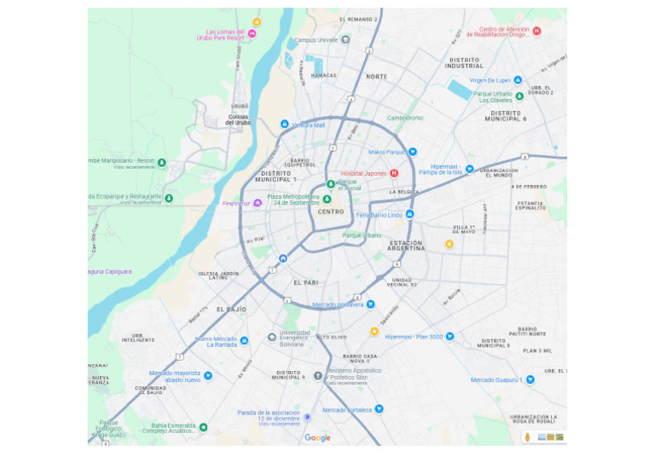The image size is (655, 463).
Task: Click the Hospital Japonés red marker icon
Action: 394,173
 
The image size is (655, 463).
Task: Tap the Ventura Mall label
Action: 308,125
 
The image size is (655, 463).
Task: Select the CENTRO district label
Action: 330,211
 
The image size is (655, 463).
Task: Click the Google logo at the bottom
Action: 317,437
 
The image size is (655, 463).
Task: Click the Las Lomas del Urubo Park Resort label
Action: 220,34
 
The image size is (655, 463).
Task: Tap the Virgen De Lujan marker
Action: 518,80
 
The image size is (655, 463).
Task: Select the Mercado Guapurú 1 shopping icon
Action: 530,379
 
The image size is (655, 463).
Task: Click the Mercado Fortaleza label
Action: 347,409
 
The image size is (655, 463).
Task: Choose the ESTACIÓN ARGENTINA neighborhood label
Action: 406,246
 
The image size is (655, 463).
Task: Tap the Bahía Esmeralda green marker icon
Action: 203,426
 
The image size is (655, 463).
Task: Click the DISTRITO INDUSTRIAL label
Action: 464,62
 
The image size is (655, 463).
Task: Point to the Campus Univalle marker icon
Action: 345,39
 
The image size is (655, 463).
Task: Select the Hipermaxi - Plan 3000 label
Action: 414,337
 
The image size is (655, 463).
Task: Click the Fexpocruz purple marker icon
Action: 257,203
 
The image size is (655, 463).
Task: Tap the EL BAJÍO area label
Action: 231,310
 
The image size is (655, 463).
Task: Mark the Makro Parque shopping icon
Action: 413,152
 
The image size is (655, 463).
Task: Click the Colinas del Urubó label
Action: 238,119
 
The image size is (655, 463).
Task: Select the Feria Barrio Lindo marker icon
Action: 409,214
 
